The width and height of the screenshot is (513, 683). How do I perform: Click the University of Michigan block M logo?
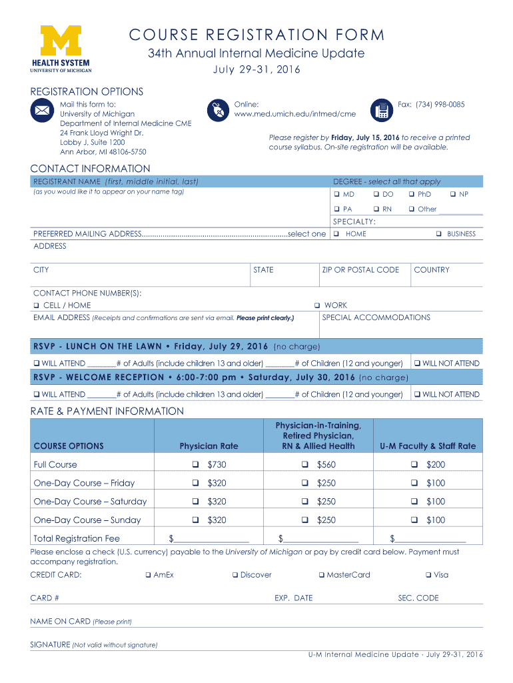(60, 41)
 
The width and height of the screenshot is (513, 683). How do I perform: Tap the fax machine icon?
(382, 111)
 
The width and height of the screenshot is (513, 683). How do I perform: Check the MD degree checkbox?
(336, 194)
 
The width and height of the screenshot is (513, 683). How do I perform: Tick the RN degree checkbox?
(376, 209)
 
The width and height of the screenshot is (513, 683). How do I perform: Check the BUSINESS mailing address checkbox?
(439, 234)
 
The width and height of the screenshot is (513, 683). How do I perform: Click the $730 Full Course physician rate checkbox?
(196, 465)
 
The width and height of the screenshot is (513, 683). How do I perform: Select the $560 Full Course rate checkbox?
(305, 465)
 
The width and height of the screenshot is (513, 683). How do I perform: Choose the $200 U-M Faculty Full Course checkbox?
(414, 465)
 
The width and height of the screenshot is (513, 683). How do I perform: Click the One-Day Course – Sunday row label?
(87, 520)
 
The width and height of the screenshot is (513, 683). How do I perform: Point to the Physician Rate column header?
(209, 446)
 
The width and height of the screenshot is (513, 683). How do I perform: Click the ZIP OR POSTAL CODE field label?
(360, 270)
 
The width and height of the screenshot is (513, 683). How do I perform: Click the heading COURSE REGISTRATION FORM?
(256, 35)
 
